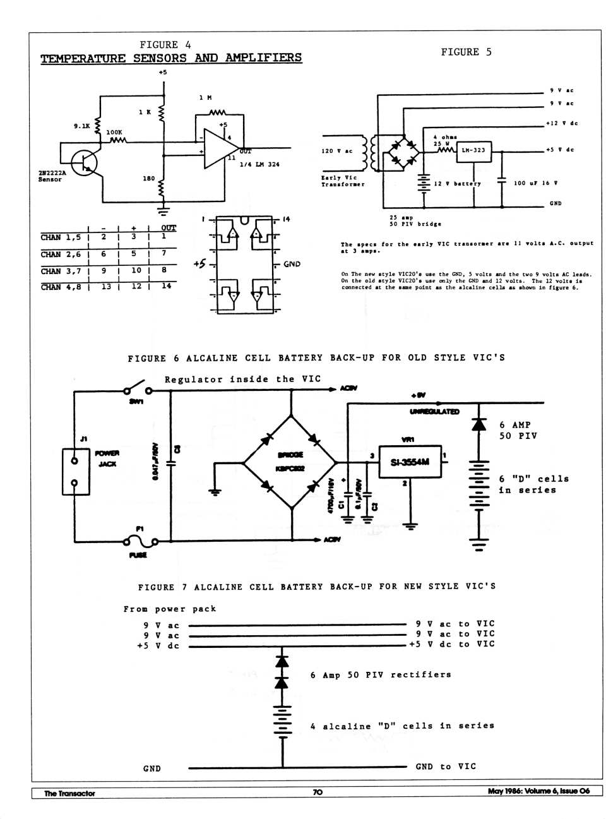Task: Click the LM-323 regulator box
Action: [473, 150]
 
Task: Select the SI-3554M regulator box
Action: [410, 462]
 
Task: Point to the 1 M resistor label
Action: [205, 97]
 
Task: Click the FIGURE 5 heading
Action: [466, 52]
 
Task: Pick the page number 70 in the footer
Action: [317, 792]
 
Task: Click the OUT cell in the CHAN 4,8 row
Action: [167, 286]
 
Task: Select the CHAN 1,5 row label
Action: [61, 237]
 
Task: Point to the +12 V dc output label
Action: [561, 123]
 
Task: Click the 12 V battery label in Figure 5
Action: [457, 184]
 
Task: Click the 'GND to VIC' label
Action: [446, 767]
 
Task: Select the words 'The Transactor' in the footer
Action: [69, 793]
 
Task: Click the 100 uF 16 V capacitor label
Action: [535, 183]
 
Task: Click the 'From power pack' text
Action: [170, 609]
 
